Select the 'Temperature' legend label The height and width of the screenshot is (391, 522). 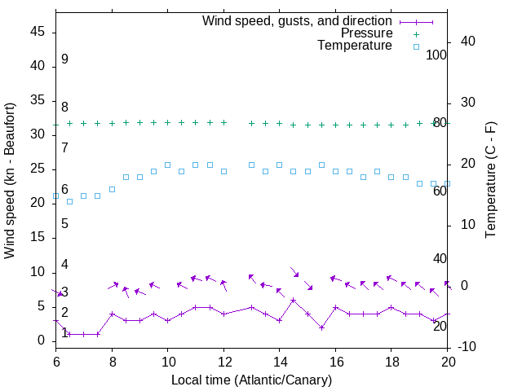(x=355, y=46)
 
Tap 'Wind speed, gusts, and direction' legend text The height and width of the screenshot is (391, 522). (x=297, y=20)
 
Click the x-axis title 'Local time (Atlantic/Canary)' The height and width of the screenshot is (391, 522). (x=251, y=380)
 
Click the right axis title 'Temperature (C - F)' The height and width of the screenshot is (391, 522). (x=490, y=181)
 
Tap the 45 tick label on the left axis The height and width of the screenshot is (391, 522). (x=38, y=32)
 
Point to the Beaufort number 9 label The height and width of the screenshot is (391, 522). (x=64, y=59)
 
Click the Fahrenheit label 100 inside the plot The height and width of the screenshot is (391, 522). (x=436, y=55)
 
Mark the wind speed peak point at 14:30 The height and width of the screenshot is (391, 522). (x=294, y=300)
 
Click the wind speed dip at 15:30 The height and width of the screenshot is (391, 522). (x=321, y=327)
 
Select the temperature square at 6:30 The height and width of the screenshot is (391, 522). (x=69, y=201)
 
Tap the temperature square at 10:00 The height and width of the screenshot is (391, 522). (x=167, y=165)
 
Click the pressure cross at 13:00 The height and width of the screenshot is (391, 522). (x=251, y=123)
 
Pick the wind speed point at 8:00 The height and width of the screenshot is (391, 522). (x=112, y=314)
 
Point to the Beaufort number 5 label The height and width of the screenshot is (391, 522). (x=64, y=223)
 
